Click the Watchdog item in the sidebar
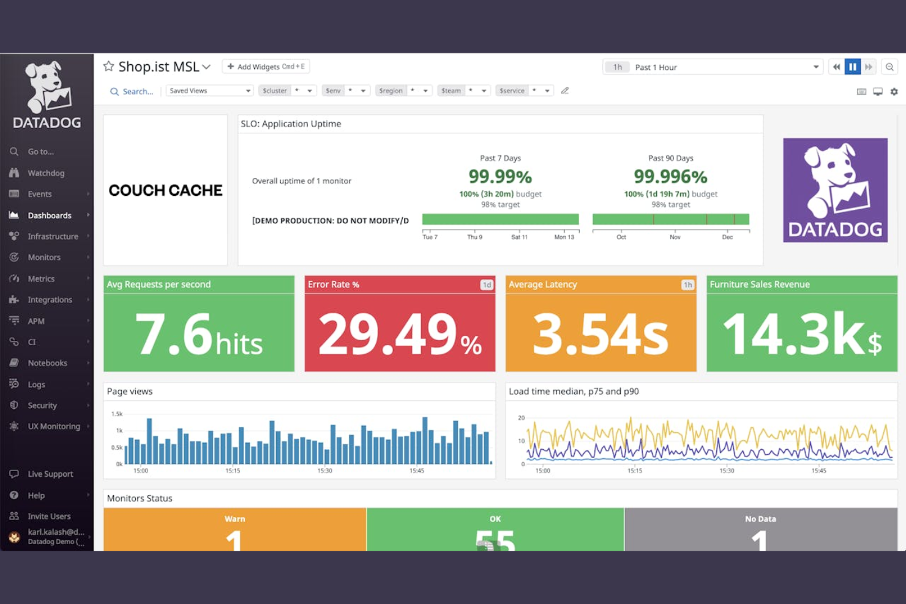[x=45, y=173]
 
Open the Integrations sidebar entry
[x=50, y=300]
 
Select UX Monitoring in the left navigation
[x=53, y=427]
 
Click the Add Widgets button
[x=266, y=67]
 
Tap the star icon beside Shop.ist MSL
[x=108, y=66]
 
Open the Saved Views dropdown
[x=209, y=91]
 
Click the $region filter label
[x=391, y=91]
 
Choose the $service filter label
[x=512, y=91]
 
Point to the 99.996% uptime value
[x=670, y=177]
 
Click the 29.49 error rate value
[x=388, y=334]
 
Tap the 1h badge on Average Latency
[x=687, y=285]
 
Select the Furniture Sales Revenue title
[x=759, y=285]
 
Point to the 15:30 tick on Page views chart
[x=324, y=471]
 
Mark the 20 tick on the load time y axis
[x=522, y=418]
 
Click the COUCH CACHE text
[x=165, y=190]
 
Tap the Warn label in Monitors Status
[x=234, y=519]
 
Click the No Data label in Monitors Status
[x=760, y=519]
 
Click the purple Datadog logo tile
[x=835, y=190]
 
